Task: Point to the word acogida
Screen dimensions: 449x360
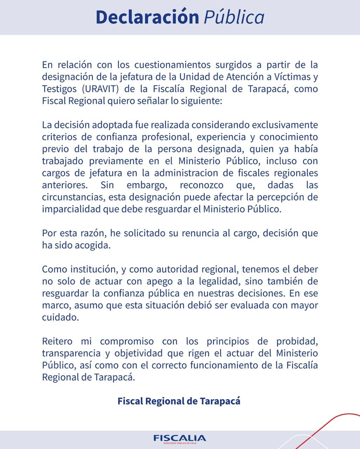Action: pos(93,245)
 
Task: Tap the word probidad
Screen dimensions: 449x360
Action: pos(297,341)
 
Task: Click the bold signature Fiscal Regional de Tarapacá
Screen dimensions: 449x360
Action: pos(179,401)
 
